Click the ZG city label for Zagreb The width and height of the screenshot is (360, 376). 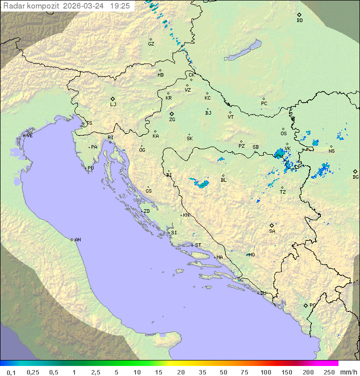point(172,120)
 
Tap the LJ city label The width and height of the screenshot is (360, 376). point(113,105)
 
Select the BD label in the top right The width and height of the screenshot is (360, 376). point(299,21)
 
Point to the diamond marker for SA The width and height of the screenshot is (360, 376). point(272,225)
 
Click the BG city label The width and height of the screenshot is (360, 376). point(355,177)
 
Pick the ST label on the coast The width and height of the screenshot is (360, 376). point(198,245)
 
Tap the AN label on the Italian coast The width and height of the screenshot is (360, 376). point(77,240)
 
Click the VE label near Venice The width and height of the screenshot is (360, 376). point(29,136)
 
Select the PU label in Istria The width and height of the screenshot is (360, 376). point(90,168)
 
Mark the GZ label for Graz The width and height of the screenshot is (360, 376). point(151,44)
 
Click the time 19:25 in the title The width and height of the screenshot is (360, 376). point(119,6)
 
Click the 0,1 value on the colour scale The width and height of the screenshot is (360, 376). point(11,372)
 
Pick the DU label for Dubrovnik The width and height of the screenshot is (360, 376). point(263,293)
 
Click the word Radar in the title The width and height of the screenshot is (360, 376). point(13,6)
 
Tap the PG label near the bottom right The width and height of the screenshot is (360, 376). point(312,305)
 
